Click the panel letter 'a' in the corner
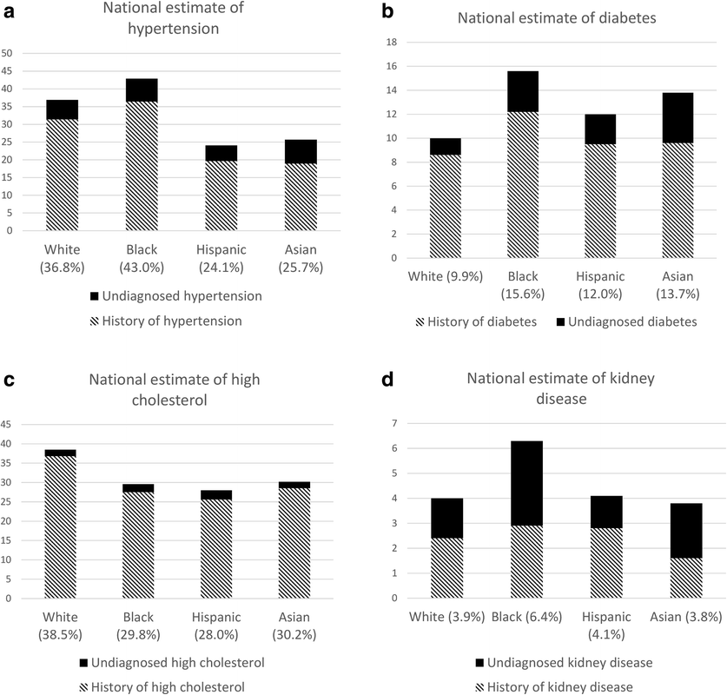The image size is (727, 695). point(8,10)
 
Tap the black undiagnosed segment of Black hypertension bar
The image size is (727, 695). point(141,89)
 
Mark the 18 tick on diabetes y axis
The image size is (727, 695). point(391,42)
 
